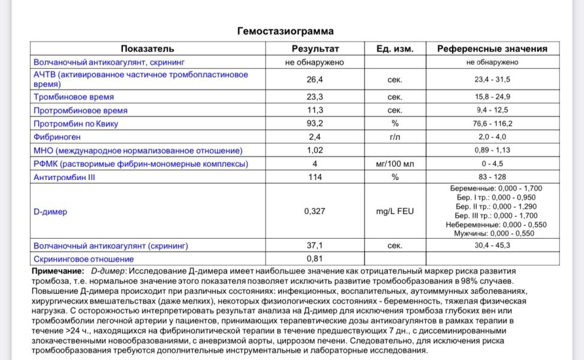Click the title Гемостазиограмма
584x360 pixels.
285,31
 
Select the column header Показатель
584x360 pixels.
147,49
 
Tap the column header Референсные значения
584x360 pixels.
492,49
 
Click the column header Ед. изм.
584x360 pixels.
395,49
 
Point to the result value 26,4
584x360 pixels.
315,79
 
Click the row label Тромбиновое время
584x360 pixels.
74,97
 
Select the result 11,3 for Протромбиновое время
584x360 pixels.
315,110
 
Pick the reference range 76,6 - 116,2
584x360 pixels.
492,124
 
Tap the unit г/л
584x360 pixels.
395,137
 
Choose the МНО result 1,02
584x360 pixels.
315,151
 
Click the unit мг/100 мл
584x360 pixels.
395,164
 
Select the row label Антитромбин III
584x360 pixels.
65,178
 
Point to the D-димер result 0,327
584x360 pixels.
315,211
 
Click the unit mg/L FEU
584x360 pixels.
395,211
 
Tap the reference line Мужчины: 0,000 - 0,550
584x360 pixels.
493,234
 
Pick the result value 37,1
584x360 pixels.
315,246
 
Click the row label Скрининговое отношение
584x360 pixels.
83,259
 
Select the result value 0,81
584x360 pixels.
315,259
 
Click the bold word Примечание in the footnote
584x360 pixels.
58,272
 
